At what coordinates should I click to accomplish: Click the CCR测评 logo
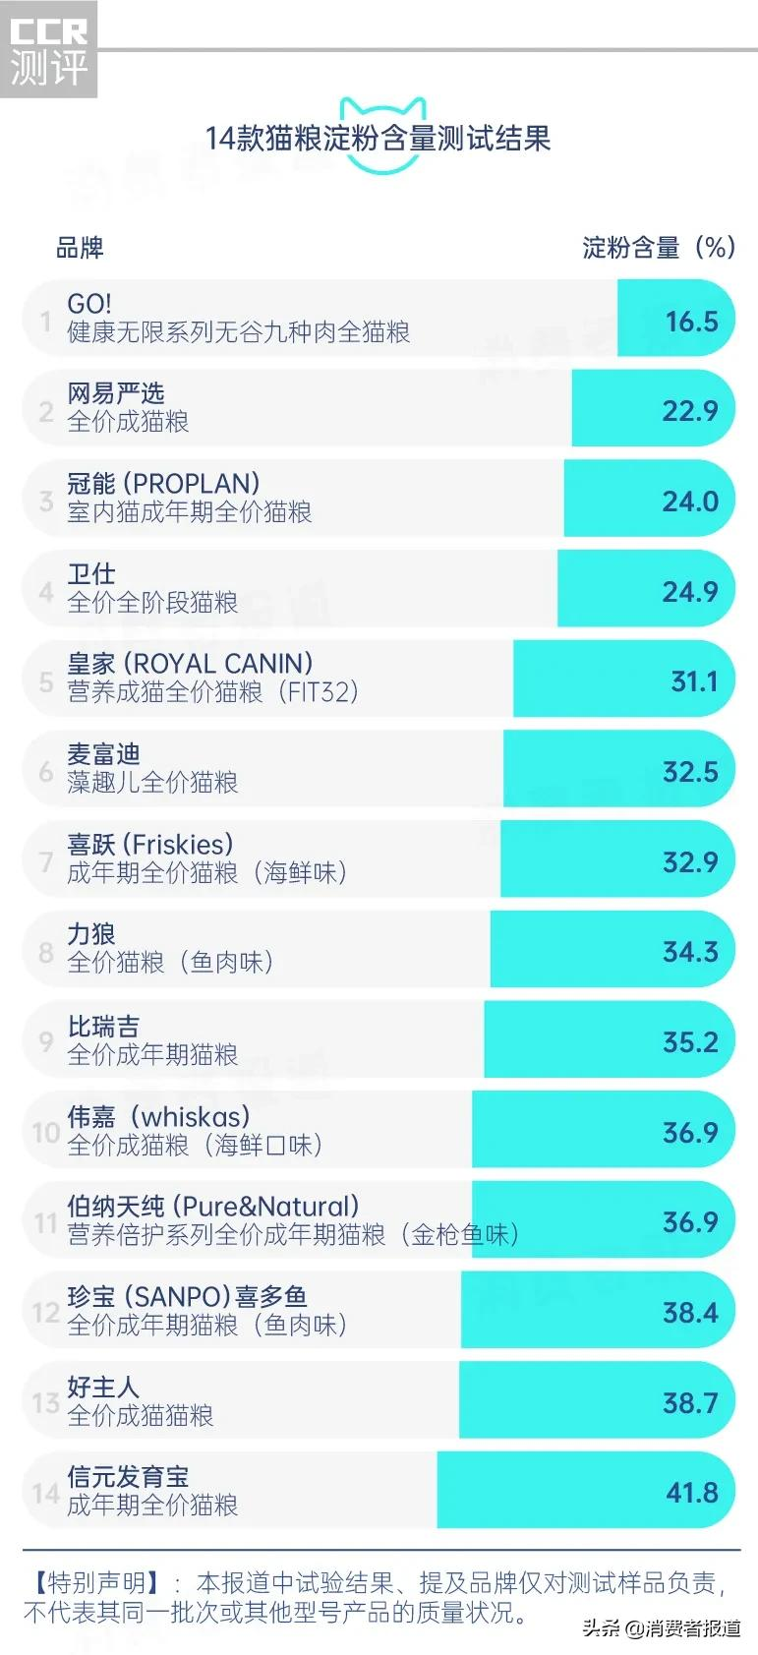click(x=48, y=50)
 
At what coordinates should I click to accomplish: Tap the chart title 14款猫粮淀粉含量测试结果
click(x=378, y=139)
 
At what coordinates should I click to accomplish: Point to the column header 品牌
click(x=80, y=248)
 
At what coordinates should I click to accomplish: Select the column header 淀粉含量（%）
click(x=658, y=248)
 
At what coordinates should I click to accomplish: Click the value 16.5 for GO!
click(x=691, y=322)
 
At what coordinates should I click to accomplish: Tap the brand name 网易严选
click(x=115, y=393)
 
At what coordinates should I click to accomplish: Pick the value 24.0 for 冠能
click(x=690, y=502)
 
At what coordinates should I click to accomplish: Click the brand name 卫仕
click(x=90, y=574)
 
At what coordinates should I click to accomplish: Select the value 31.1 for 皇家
click(x=694, y=681)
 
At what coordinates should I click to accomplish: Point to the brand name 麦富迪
click(x=103, y=754)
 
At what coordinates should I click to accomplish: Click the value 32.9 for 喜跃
click(x=690, y=862)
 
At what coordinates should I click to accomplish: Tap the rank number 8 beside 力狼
click(x=46, y=952)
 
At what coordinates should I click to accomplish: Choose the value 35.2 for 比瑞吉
click(x=690, y=1042)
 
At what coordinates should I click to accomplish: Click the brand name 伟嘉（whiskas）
click(x=158, y=1116)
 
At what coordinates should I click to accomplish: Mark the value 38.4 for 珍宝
click(x=690, y=1313)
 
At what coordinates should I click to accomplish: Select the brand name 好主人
click(x=103, y=1387)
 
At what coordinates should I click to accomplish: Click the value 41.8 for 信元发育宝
click(x=692, y=1494)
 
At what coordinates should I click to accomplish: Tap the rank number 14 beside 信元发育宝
click(x=46, y=1494)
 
